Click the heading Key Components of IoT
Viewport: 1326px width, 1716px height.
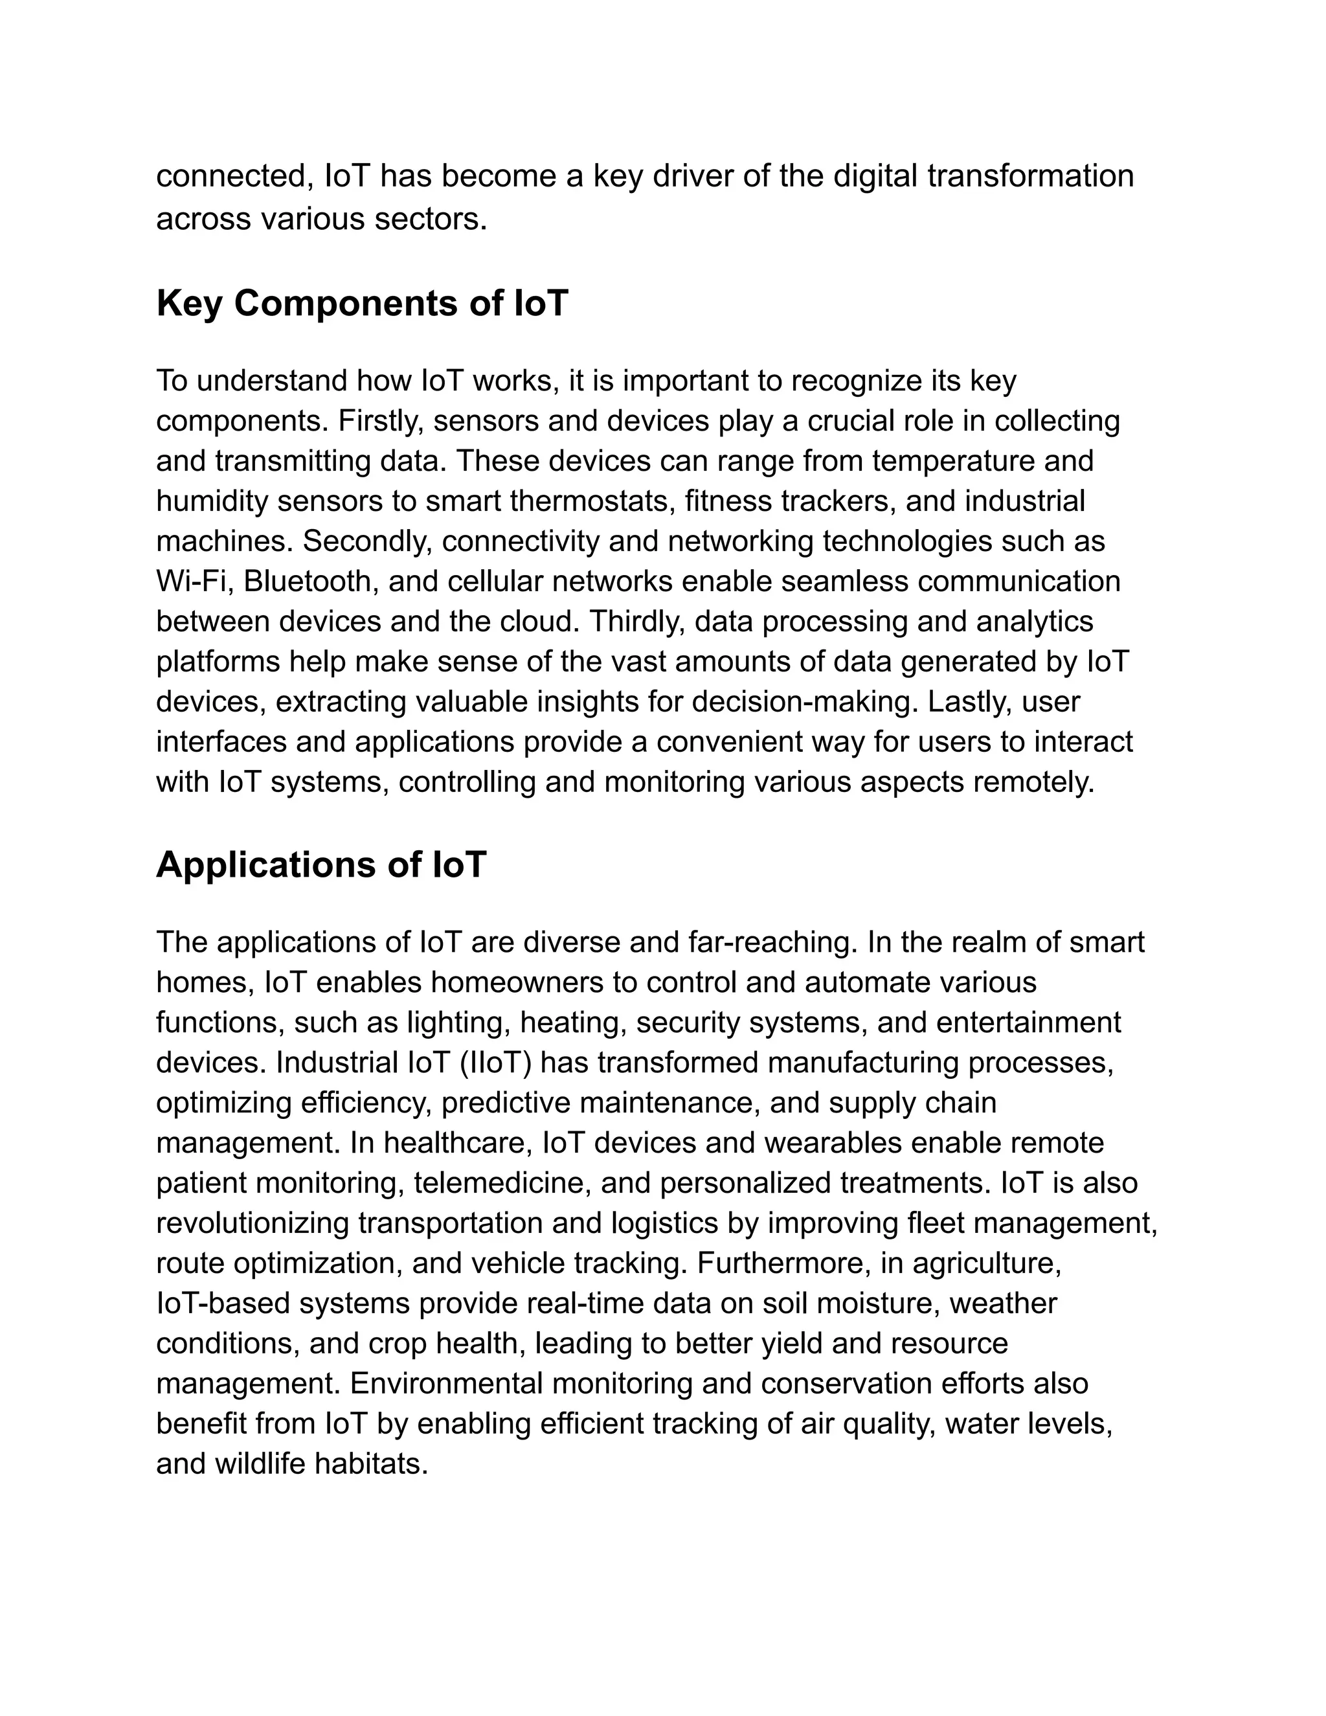[361, 303]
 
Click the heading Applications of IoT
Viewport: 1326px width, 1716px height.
[321, 864]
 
